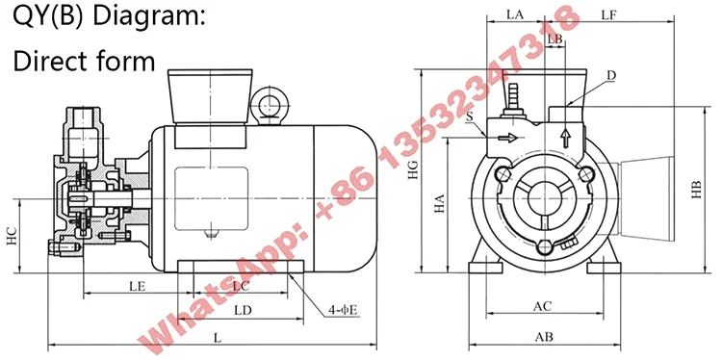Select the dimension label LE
click(138, 286)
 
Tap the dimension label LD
click(243, 310)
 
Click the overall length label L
click(218, 338)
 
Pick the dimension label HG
click(413, 169)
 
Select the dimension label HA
click(439, 203)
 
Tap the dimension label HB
click(696, 190)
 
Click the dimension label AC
click(542, 306)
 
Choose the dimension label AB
click(543, 337)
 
